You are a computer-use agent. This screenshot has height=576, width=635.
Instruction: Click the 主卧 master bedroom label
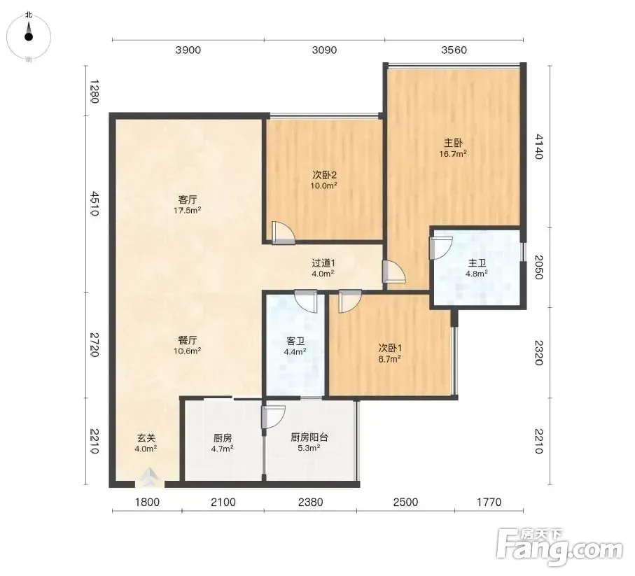pyautogui.click(x=453, y=143)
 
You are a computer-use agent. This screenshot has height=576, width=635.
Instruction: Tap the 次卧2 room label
pyautogui.click(x=324, y=175)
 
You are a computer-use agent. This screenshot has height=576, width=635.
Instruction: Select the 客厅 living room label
pyautogui.click(x=188, y=199)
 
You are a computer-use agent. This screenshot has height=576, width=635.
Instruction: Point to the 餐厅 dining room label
pyautogui.click(x=188, y=340)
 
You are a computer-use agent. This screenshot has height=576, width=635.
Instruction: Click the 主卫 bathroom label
pyautogui.click(x=477, y=263)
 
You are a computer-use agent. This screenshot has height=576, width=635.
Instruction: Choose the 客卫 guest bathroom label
pyautogui.click(x=295, y=342)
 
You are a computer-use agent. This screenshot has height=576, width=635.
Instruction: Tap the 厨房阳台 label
pyautogui.click(x=309, y=437)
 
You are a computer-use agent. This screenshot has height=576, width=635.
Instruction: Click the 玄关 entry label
pyautogui.click(x=146, y=438)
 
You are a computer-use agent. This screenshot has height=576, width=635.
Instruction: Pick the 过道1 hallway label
pyautogui.click(x=323, y=263)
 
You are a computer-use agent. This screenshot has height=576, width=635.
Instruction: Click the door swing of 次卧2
pyautogui.click(x=284, y=232)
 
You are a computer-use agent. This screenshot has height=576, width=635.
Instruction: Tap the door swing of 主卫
pyautogui.click(x=440, y=248)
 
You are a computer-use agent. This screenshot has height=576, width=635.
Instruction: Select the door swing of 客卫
pyautogui.click(x=306, y=302)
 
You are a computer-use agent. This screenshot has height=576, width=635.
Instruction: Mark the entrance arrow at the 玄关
pyautogui.click(x=150, y=477)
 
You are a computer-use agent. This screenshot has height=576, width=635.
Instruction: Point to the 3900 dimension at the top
pyautogui.click(x=188, y=50)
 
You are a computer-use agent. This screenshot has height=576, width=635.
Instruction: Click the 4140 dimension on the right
pyautogui.click(x=538, y=146)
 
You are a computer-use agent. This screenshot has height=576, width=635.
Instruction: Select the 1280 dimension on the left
pyautogui.click(x=94, y=92)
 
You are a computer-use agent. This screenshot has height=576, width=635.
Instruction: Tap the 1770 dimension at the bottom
pyautogui.click(x=489, y=503)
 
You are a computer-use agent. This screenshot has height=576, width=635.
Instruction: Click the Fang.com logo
pyautogui.click(x=559, y=548)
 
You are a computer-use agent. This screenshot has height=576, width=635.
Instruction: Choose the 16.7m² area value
pyautogui.click(x=453, y=154)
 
